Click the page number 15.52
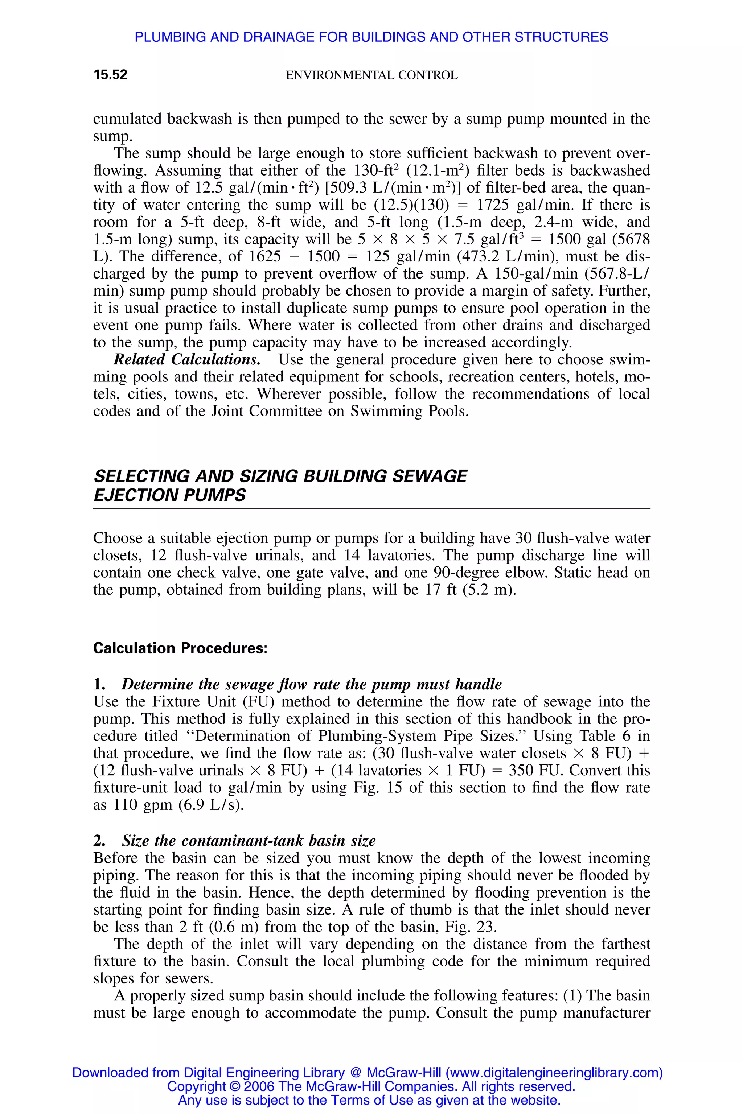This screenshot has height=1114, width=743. [x=110, y=75]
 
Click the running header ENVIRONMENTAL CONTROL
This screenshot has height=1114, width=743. [x=371, y=75]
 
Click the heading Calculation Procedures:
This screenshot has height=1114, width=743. [x=180, y=648]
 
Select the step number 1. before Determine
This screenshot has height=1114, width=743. [x=99, y=684]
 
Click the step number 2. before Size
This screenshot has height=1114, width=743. [x=99, y=841]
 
